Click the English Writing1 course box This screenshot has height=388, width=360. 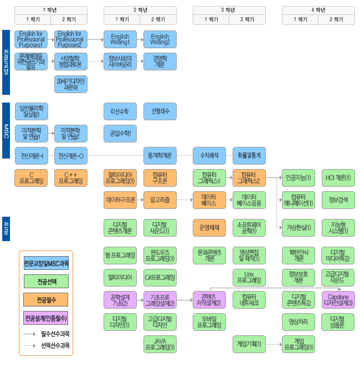pos(120,39)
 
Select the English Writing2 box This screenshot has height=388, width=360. pos(160,39)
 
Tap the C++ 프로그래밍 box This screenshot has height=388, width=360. pos(71,178)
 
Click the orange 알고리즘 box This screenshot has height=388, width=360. pos(160,200)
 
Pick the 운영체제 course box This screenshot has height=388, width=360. pos(209,227)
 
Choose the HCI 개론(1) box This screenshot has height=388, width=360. pos(338,178)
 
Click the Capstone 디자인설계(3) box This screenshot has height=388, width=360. pos(338,300)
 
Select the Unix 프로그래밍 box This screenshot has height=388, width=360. pos(249,277)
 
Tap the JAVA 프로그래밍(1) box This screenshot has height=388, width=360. pos(160,344)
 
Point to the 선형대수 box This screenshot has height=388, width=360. pos(160,111)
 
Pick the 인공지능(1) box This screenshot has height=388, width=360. pos(299,178)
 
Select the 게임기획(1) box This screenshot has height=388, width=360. pos(249,344)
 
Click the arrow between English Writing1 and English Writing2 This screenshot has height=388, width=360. pos(140,39)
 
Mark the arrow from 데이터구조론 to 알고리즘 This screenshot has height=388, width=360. pos(140,200)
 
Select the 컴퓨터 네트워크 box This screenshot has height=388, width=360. pos(249,300)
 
